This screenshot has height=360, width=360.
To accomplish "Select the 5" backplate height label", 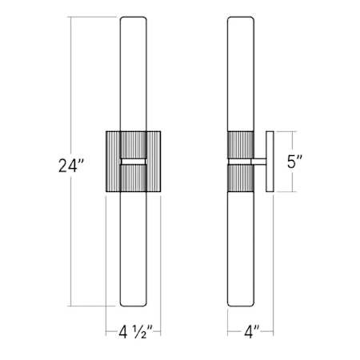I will [295, 162].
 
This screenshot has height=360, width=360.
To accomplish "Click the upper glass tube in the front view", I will [133, 72].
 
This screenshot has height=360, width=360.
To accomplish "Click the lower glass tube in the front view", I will [133, 248].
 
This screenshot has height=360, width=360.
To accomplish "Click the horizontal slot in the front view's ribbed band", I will [133, 162].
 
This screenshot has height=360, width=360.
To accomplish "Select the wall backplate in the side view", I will [270, 162].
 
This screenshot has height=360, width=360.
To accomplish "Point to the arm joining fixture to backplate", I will [258, 162].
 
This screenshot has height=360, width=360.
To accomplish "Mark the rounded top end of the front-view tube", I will [133, 19].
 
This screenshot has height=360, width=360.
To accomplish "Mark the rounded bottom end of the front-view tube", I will [133, 305].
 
